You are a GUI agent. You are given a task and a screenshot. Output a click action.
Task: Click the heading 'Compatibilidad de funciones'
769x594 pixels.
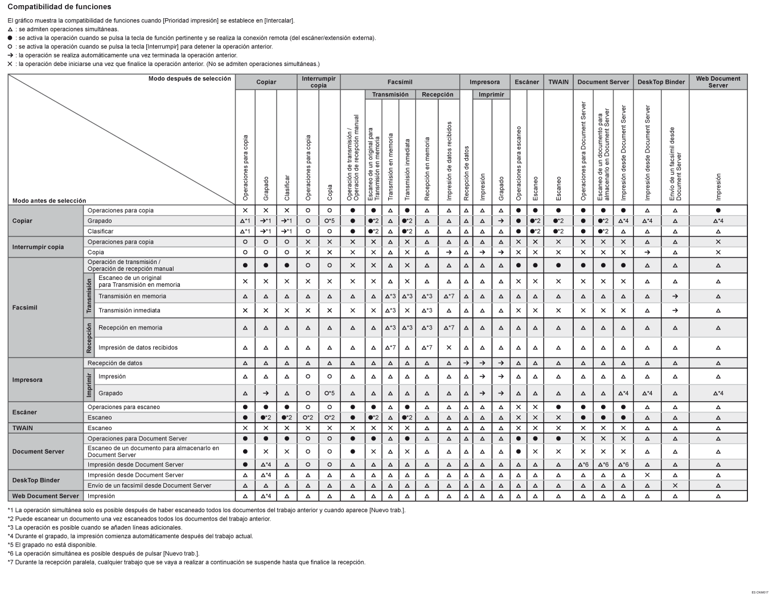pos(59,7)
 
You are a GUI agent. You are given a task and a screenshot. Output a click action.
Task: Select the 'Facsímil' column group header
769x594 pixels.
pos(400,82)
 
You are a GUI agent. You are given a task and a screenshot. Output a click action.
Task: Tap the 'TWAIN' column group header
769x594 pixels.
pos(558,82)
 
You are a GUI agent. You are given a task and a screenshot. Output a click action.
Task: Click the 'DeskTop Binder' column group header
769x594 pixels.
pos(661,82)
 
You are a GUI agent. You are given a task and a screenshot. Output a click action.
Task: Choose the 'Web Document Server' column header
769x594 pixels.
pos(718,82)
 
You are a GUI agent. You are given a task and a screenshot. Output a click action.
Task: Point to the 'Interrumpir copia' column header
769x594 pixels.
pos(319,82)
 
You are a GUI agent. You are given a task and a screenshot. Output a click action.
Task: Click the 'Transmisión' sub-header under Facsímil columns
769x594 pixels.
pos(390,94)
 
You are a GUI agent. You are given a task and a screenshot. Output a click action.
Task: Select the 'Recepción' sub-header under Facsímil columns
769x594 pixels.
pos(438,94)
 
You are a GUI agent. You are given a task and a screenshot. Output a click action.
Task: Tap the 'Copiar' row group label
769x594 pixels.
pos(22,221)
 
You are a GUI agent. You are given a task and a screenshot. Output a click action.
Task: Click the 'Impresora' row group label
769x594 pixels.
pos(27,379)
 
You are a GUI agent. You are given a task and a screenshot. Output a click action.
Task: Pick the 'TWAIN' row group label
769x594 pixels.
pos(23,428)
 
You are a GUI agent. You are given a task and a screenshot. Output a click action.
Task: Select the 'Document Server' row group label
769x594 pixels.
pos(38,451)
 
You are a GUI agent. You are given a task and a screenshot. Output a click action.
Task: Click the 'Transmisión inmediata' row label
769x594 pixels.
pos(129,311)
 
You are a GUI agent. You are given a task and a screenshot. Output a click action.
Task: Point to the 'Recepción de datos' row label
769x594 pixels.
pos(116,363)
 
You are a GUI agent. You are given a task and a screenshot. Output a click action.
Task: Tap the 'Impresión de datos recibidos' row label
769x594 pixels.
pos(138,348)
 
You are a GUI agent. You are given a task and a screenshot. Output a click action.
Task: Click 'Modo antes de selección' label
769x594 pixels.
pos(49,200)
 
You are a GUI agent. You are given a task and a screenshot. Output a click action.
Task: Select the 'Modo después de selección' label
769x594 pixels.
pos(190,79)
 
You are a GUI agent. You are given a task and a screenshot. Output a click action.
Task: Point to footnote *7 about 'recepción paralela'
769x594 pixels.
pos(186,562)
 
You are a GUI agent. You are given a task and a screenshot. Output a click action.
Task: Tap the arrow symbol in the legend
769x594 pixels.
pos(10,55)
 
